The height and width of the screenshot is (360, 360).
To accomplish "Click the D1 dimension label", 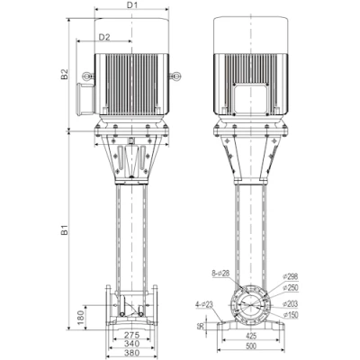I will [x=131, y=5].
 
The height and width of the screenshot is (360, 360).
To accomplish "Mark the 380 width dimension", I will [x=131, y=354].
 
